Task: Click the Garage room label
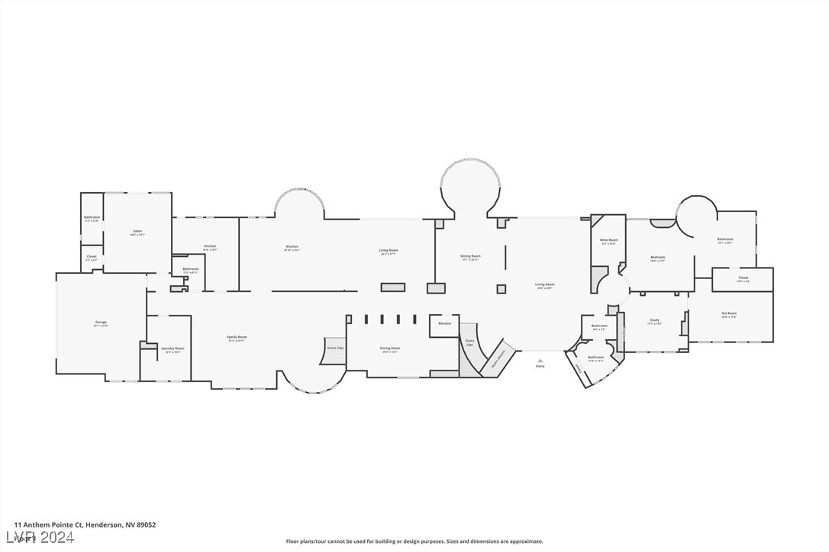(101, 323)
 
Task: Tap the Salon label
(137, 231)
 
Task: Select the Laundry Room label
(173, 348)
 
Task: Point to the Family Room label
(237, 337)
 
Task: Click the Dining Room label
(390, 348)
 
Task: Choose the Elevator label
(444, 323)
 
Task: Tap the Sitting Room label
(470, 256)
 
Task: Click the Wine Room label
(608, 240)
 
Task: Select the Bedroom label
(658, 257)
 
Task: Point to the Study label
(654, 320)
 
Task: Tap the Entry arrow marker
(540, 361)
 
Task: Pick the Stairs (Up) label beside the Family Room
(334, 348)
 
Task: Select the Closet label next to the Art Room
(743, 278)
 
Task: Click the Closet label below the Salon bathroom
(92, 256)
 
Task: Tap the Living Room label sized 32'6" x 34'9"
(545, 284)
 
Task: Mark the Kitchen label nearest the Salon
(210, 246)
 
